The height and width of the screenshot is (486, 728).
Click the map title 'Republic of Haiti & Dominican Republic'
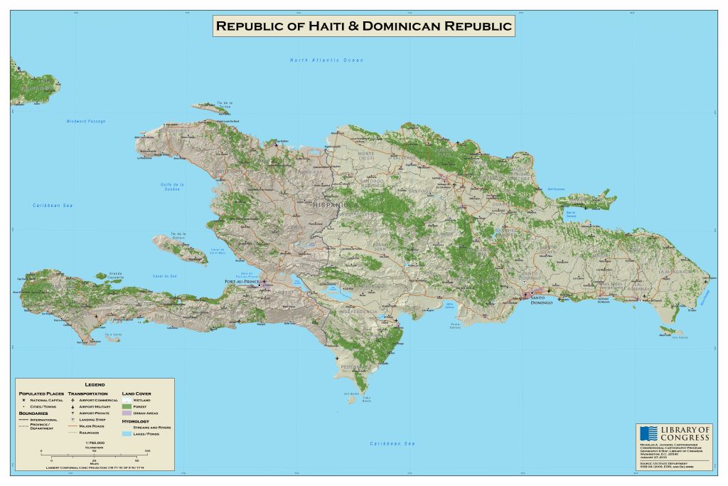pos(364,27)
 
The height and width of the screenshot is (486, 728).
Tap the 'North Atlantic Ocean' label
pos(326,60)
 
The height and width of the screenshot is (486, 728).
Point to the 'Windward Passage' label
pos(85,122)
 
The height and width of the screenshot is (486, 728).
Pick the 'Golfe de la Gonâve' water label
pos(172,188)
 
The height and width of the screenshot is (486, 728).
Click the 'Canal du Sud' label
pos(164,276)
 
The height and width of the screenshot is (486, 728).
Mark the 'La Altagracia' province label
pos(675,272)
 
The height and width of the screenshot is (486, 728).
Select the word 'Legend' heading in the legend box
pos(95,385)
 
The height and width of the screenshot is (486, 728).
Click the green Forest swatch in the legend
pos(127,406)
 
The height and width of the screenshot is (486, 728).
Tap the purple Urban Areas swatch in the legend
pos(127,413)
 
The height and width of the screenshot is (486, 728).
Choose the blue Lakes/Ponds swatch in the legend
pos(127,433)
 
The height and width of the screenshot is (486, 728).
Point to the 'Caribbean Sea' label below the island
pos(392,443)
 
